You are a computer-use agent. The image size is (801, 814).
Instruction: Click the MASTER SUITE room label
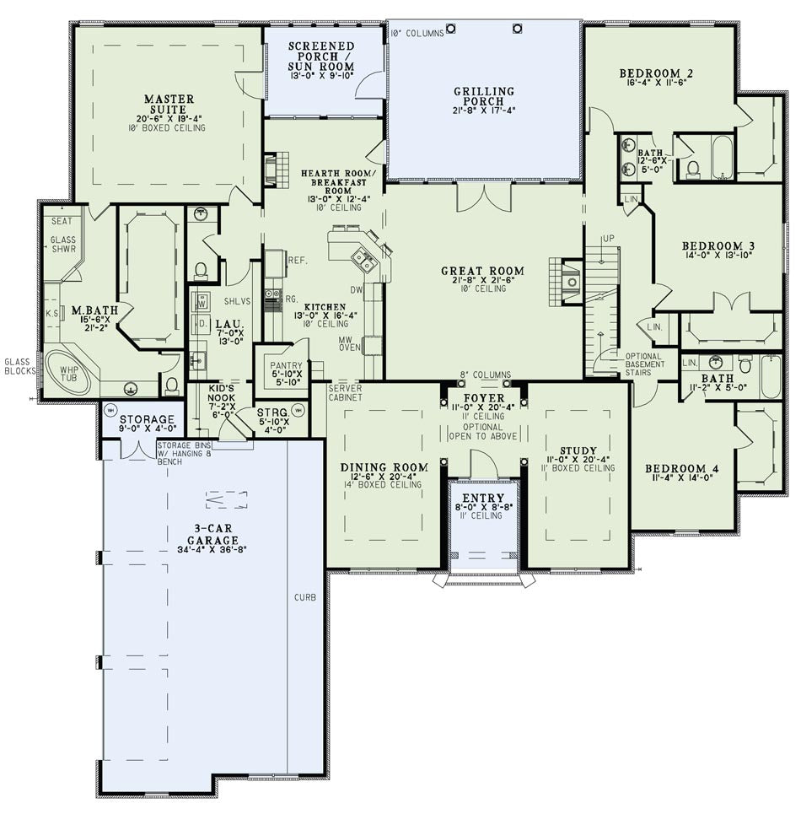[x=169, y=104]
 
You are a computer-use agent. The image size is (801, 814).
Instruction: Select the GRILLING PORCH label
[x=483, y=96]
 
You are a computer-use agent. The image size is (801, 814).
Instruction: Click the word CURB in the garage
[x=305, y=597]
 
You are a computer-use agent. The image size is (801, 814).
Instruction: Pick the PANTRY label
[x=286, y=366]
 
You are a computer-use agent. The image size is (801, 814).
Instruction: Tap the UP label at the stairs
[x=609, y=238]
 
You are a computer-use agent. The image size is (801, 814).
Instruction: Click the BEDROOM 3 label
[x=718, y=245]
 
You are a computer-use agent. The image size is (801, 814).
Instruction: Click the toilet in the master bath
[x=172, y=384]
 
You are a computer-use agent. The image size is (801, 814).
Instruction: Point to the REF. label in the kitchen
[x=298, y=261]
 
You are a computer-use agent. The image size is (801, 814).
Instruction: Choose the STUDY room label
[x=578, y=450]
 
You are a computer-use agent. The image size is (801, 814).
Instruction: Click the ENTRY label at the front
[x=483, y=498]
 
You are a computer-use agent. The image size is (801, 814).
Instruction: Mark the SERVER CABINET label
[x=345, y=393]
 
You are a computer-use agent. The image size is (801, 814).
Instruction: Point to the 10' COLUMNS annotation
[x=417, y=33]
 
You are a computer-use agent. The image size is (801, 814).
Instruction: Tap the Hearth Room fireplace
[x=276, y=170]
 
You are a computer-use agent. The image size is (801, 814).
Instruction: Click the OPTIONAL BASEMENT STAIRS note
[x=645, y=364]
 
